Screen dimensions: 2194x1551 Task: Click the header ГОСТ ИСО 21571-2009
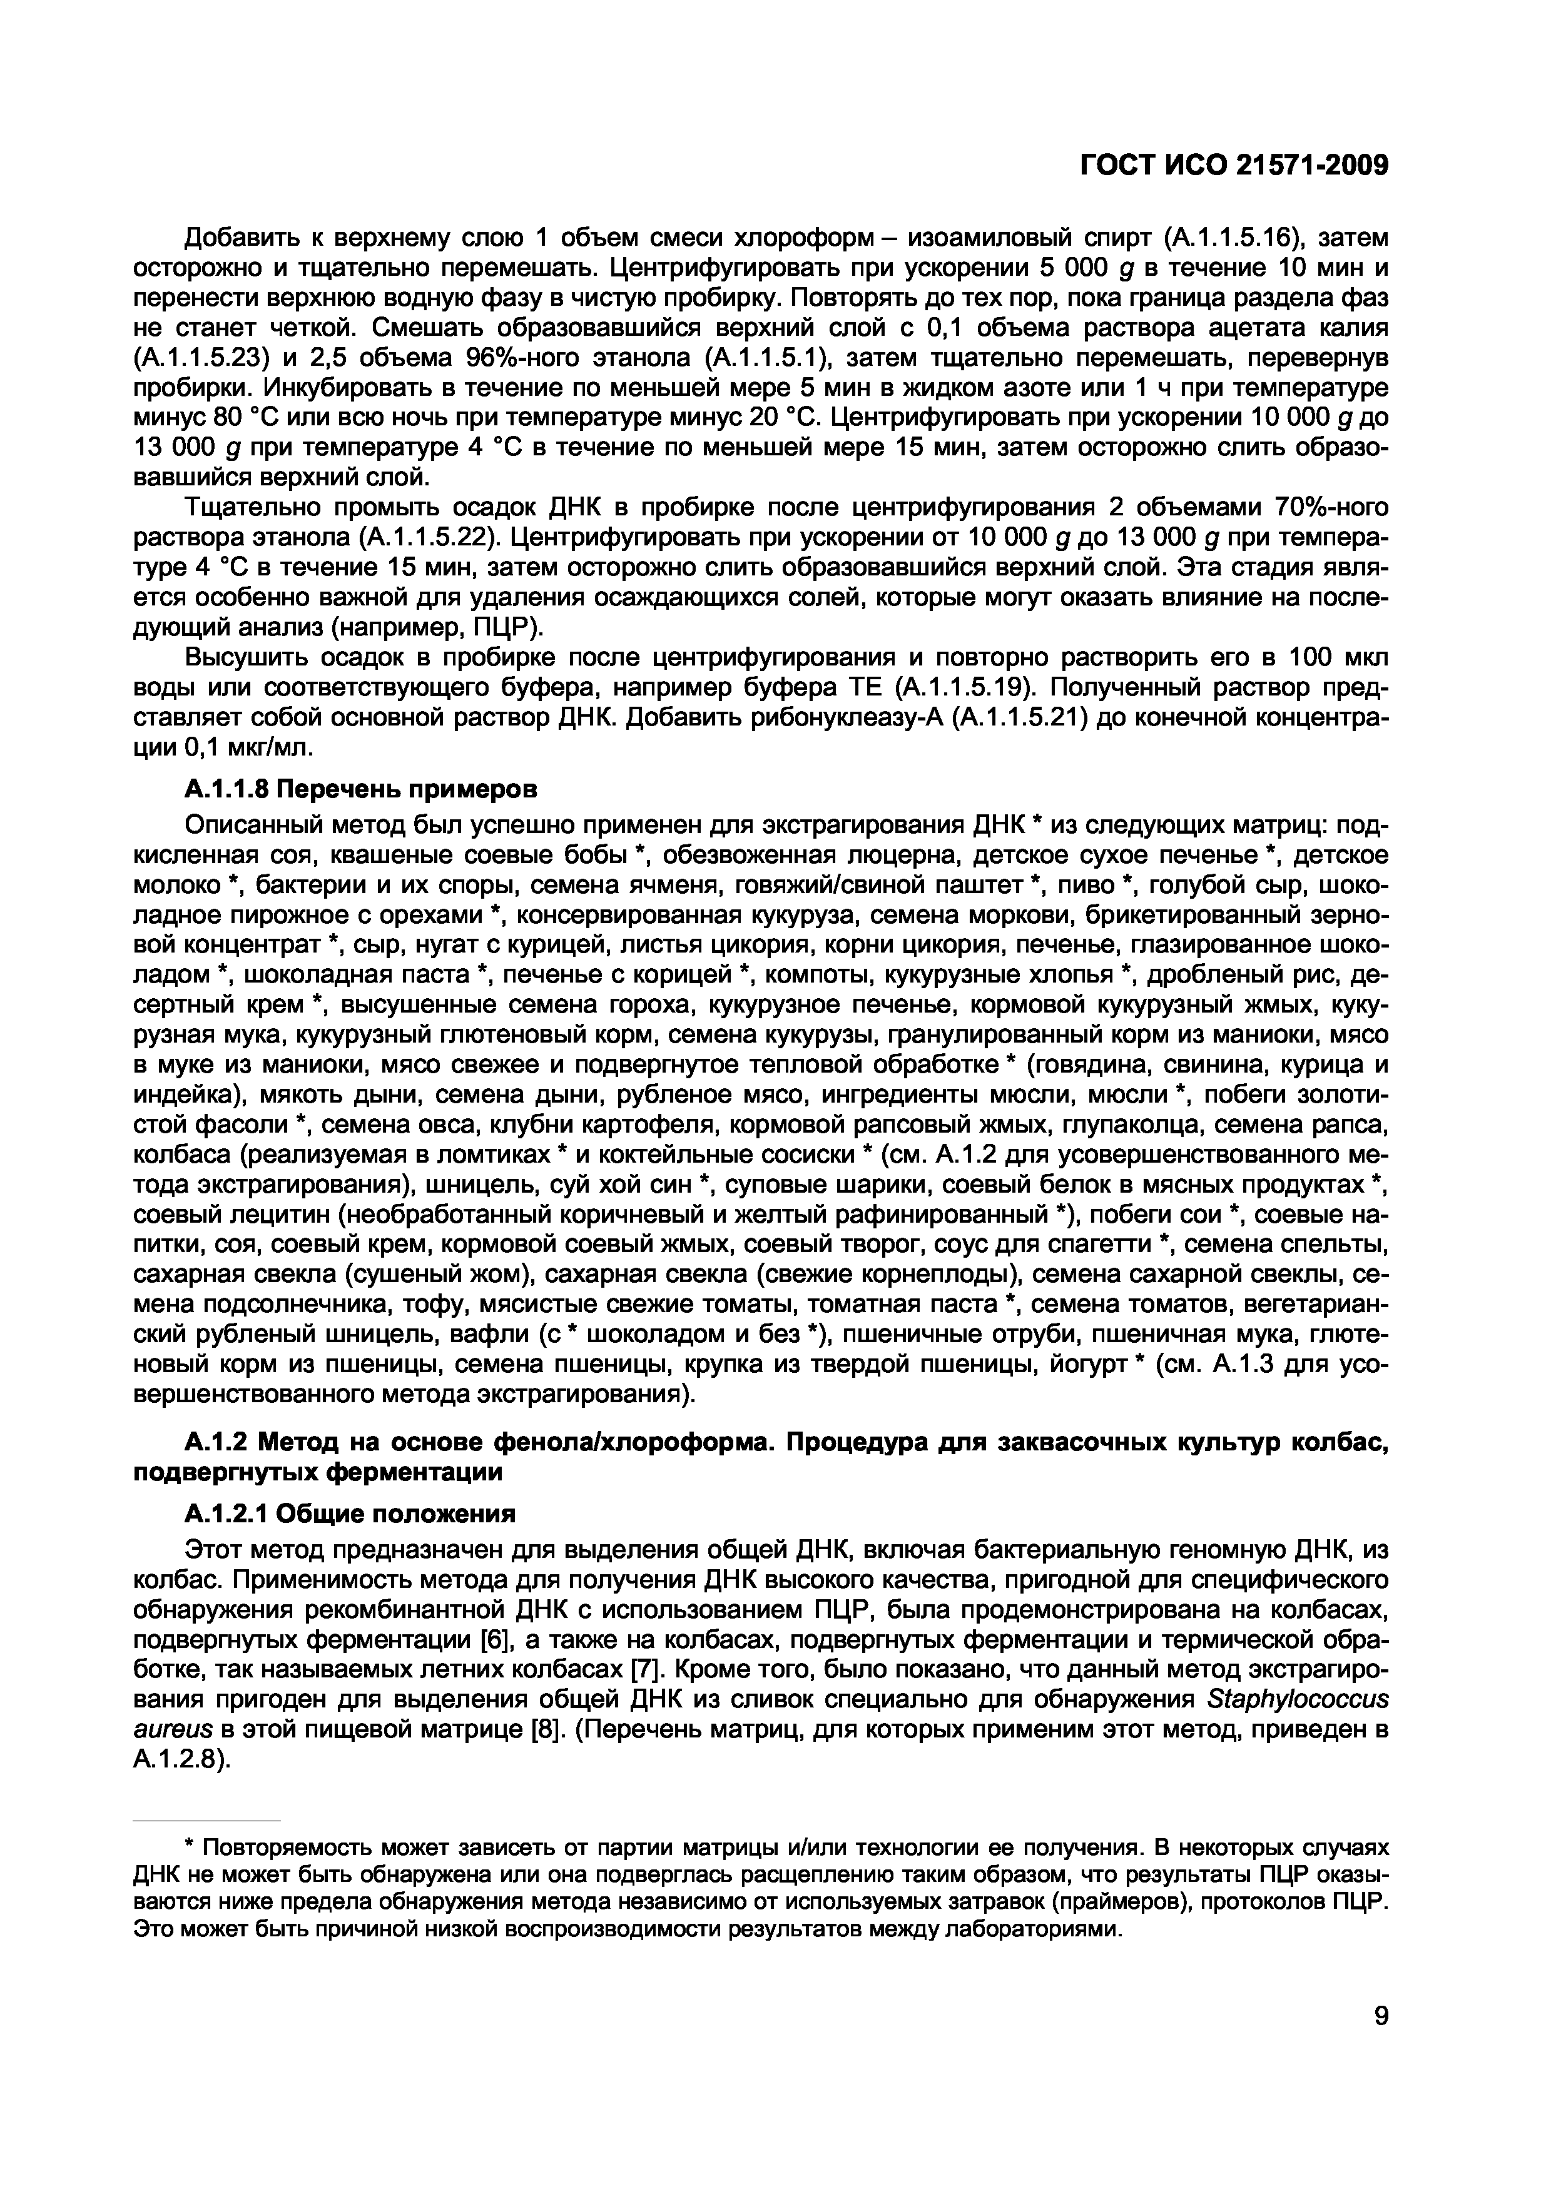click(1233, 166)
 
